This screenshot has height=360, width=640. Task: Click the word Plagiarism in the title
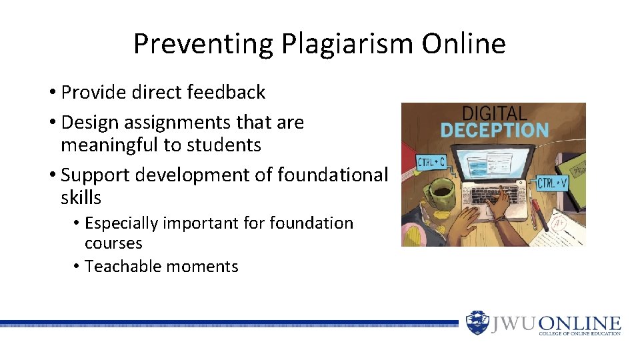coord(347,44)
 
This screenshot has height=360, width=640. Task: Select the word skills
coord(81,197)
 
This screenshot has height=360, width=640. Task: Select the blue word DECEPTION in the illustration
coord(494,129)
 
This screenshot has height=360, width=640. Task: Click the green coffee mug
coord(442,194)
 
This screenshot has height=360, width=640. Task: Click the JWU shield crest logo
coord(477,323)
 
